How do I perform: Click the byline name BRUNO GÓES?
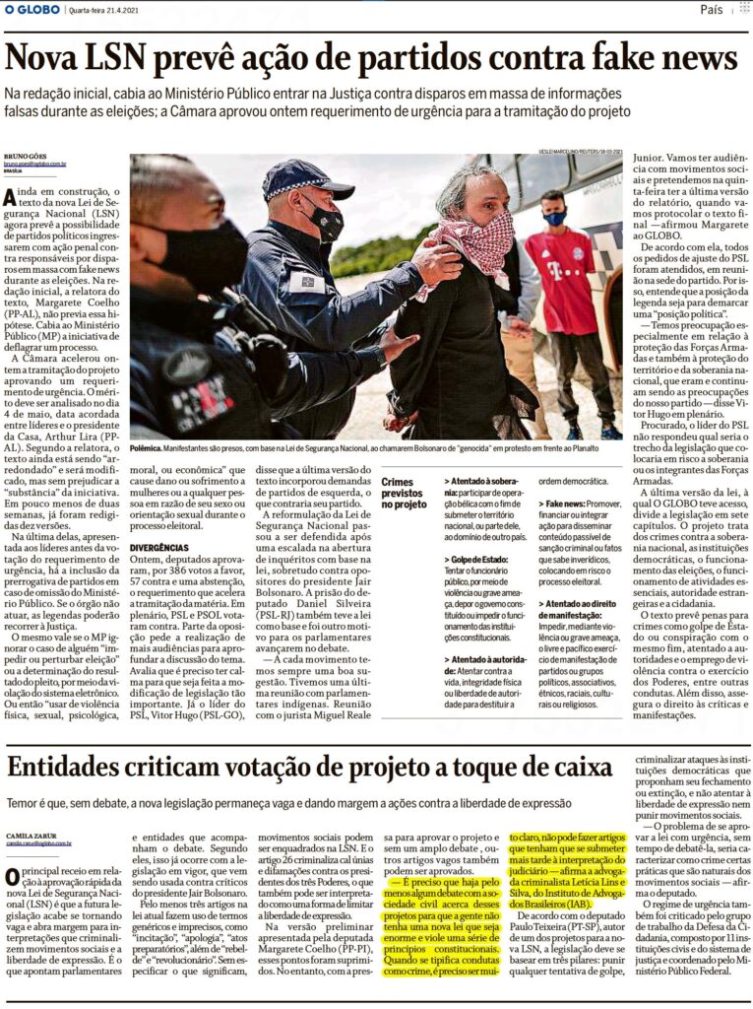(26, 156)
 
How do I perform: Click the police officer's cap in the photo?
(306, 178)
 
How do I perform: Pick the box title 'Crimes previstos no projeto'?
(404, 490)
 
